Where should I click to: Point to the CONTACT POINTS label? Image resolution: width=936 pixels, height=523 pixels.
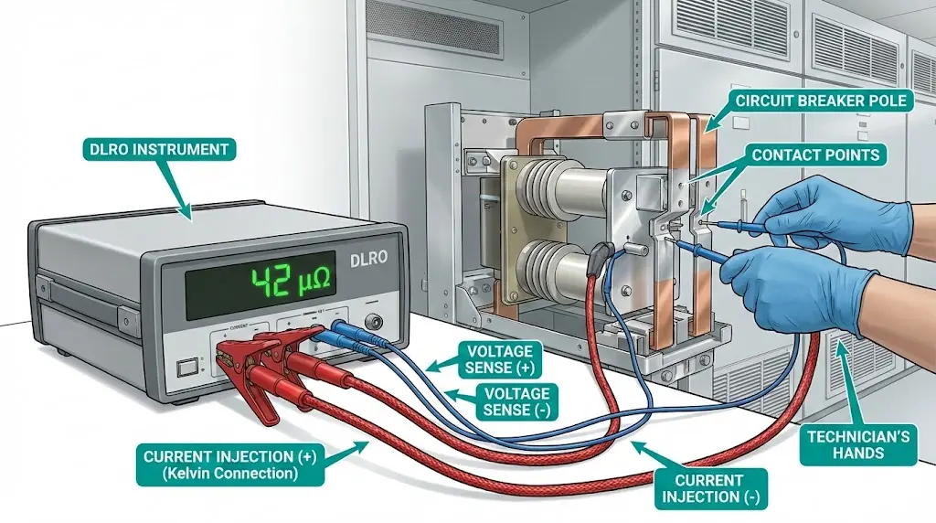click(x=815, y=155)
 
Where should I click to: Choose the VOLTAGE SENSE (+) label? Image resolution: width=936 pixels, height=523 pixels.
click(x=500, y=358)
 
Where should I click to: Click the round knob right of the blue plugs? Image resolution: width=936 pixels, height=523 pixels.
click(x=373, y=322)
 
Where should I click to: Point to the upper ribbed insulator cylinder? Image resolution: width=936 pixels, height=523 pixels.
click(x=548, y=191)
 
